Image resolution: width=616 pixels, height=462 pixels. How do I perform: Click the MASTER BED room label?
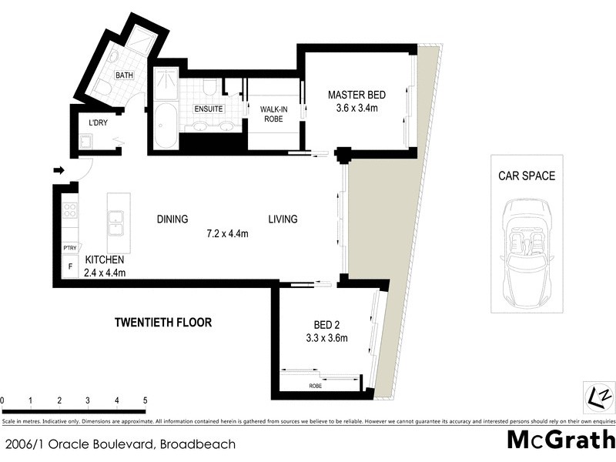click(357, 95)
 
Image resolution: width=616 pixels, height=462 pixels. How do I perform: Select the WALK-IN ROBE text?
click(273, 114)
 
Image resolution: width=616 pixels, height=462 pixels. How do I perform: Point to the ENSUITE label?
click(208, 109)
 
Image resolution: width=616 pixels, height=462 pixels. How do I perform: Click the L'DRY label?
click(98, 123)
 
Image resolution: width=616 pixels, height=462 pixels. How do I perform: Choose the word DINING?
click(172, 219)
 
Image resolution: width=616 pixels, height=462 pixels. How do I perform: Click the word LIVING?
click(283, 219)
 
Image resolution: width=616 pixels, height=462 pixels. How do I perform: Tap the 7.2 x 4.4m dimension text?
click(227, 233)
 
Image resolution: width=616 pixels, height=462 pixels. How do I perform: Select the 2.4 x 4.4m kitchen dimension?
click(105, 272)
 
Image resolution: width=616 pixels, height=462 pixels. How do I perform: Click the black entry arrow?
click(59, 170)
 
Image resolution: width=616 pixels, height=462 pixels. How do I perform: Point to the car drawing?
click(529, 251)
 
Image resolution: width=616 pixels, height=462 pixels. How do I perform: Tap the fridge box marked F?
click(69, 266)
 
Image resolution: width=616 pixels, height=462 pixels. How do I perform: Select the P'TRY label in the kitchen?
click(69, 248)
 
